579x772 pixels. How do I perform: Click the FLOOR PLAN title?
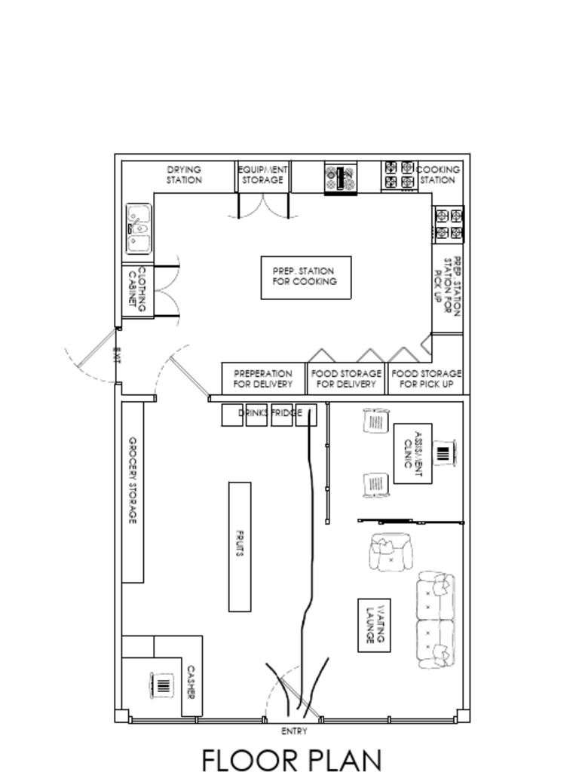tap(291, 760)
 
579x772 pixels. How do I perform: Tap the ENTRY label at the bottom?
tap(294, 731)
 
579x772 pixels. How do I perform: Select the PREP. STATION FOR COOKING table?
tap(305, 277)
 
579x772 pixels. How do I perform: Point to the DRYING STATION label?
tap(184, 175)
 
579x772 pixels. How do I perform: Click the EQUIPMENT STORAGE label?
tap(262, 175)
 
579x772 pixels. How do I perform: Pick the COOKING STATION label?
tap(437, 175)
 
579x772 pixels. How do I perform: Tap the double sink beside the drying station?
tap(139, 228)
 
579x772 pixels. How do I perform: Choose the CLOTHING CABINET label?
tap(137, 290)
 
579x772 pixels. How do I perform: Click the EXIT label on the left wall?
tap(117, 354)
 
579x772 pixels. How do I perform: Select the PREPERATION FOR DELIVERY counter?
tap(263, 378)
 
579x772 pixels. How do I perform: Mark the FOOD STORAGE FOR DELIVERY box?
tap(346, 378)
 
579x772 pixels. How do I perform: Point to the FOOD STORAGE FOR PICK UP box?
tap(427, 378)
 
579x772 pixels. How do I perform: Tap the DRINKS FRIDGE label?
tap(270, 413)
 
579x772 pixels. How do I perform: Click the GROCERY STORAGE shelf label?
tap(133, 481)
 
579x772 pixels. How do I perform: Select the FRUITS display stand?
tap(240, 547)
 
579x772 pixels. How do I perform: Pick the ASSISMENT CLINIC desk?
tap(412, 453)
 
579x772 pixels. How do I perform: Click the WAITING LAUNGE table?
tap(374, 625)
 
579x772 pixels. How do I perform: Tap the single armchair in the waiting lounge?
tap(391, 553)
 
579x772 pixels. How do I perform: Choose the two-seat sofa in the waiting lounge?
tap(437, 620)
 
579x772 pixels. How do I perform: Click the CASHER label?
tap(191, 681)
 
